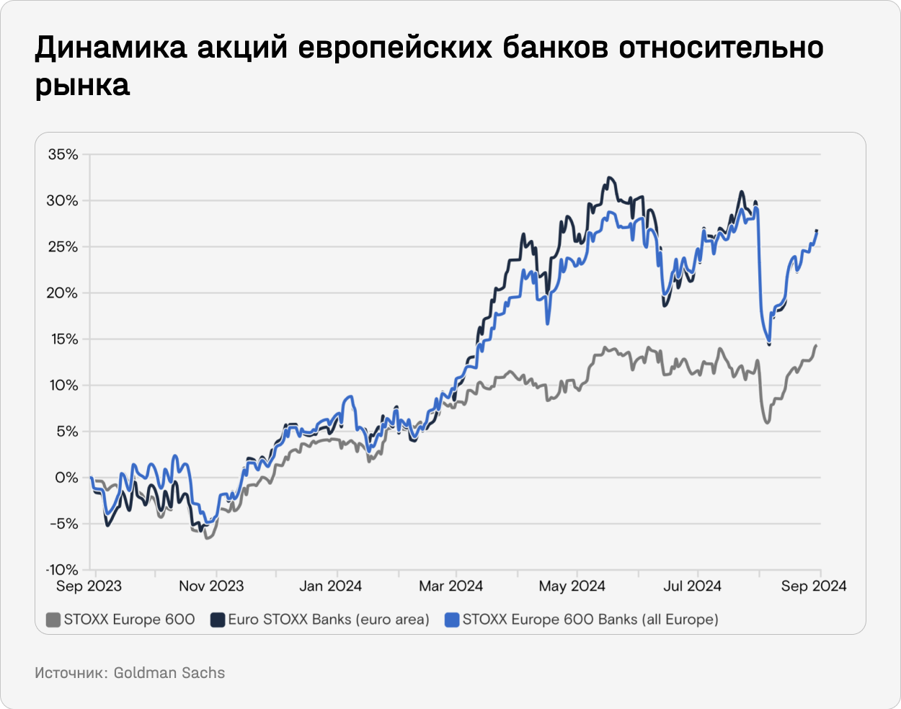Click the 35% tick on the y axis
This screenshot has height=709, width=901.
tap(63, 154)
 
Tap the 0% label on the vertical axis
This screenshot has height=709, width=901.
tap(66, 478)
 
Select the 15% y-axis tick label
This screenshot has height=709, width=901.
tap(63, 339)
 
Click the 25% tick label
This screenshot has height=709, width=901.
tap(63, 247)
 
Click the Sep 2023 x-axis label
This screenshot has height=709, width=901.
tap(89, 586)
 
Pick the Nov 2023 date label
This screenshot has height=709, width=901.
tap(211, 586)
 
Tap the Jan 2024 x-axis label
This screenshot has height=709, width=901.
tap(330, 586)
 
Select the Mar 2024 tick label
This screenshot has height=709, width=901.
tap(450, 586)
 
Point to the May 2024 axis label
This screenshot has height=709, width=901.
tap(572, 586)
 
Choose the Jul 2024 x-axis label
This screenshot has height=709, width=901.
tap(692, 586)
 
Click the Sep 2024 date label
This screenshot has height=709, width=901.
tap(814, 586)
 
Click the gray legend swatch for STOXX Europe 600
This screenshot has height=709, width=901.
tap(53, 620)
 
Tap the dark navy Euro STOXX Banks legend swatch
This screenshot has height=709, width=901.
tap(217, 620)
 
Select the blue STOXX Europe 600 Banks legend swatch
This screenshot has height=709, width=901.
tap(452, 620)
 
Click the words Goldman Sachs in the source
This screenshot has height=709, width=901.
tap(169, 673)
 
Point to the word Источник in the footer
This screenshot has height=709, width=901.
tap(69, 673)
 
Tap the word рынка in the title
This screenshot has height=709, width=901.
tap(83, 86)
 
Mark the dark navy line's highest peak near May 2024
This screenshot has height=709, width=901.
tap(610, 177)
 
